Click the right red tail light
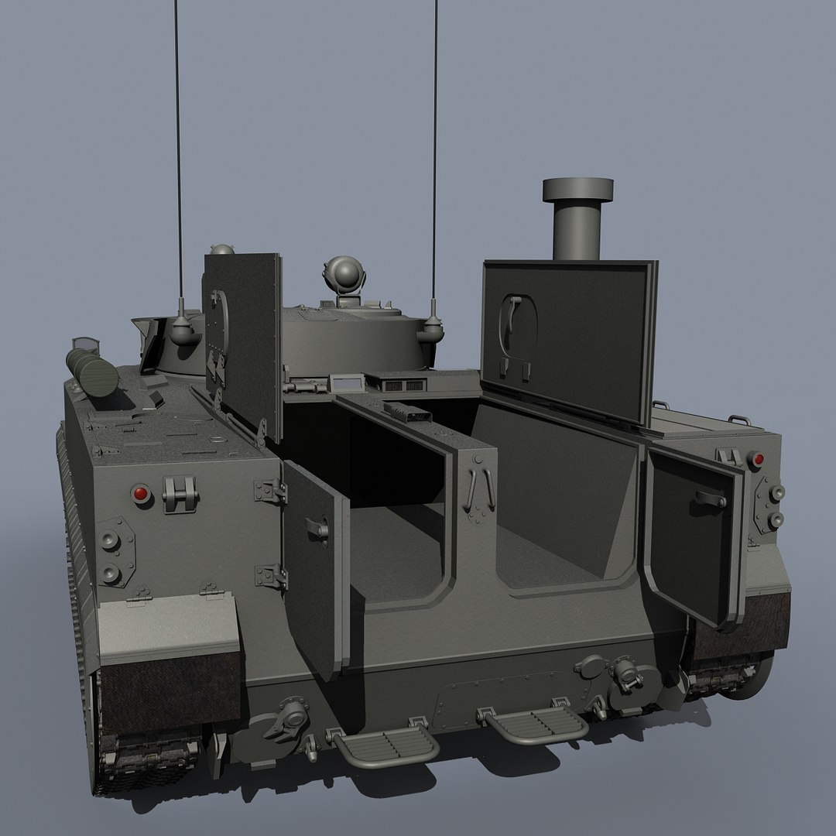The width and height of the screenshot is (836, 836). (757, 461)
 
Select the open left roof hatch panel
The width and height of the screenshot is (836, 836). (242, 341)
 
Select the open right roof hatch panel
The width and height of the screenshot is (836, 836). (569, 341)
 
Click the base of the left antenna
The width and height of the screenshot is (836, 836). (183, 330)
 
